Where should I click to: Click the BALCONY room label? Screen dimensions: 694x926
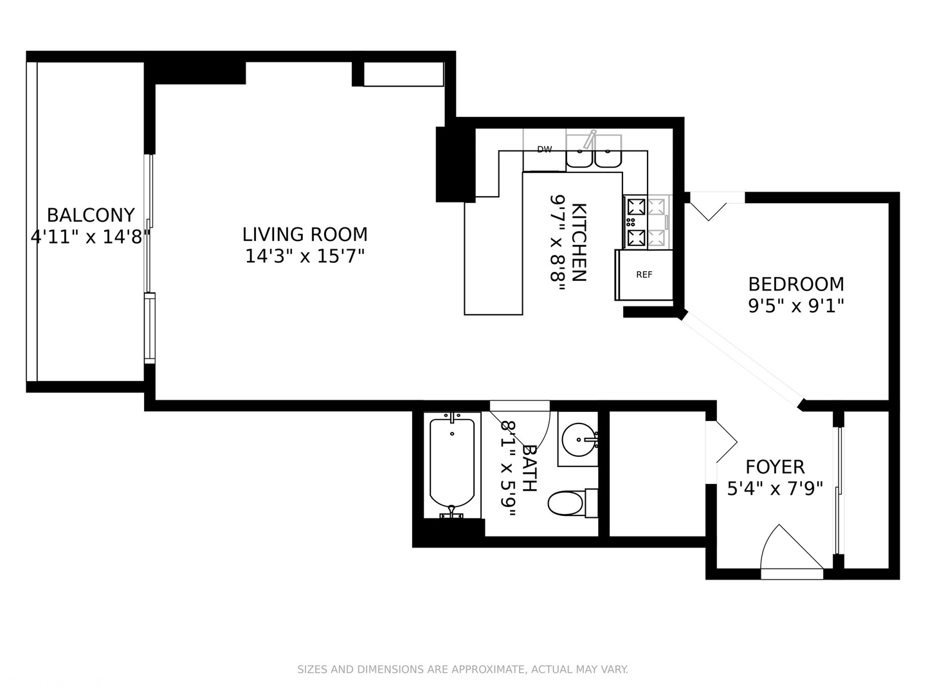pyautogui.click(x=91, y=215)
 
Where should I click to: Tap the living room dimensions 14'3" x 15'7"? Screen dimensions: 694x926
pyautogui.click(x=305, y=256)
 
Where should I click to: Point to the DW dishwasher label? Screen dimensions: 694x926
pyautogui.click(x=545, y=150)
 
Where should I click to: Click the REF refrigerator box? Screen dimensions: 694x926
pyautogui.click(x=644, y=274)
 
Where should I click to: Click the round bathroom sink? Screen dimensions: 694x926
pyautogui.click(x=579, y=440)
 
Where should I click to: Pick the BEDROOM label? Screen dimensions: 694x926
pyautogui.click(x=796, y=283)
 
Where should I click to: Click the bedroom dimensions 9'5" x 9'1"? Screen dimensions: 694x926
pyautogui.click(x=796, y=305)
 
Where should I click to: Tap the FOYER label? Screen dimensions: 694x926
pyautogui.click(x=775, y=467)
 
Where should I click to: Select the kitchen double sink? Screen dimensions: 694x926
pyautogui.click(x=594, y=154)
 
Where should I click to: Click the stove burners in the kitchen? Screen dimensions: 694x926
pyautogui.click(x=646, y=222)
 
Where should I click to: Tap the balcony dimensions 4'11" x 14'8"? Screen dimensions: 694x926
pyautogui.click(x=91, y=237)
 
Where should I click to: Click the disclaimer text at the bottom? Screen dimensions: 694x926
pyautogui.click(x=462, y=670)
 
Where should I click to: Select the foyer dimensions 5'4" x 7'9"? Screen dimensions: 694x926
pyautogui.click(x=775, y=489)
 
